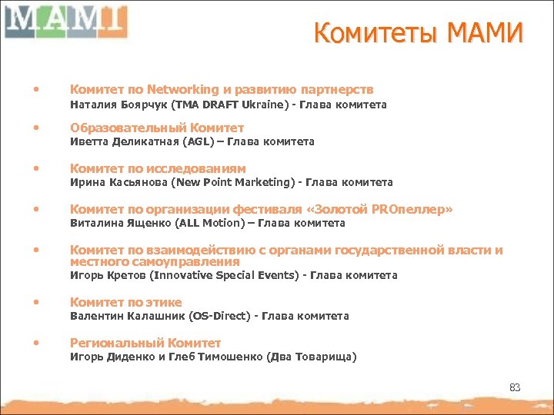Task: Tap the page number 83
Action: click(x=515, y=387)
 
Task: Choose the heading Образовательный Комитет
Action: click(x=157, y=128)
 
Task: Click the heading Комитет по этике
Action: click(x=125, y=302)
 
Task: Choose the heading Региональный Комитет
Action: click(x=145, y=343)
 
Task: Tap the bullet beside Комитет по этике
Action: click(x=35, y=302)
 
